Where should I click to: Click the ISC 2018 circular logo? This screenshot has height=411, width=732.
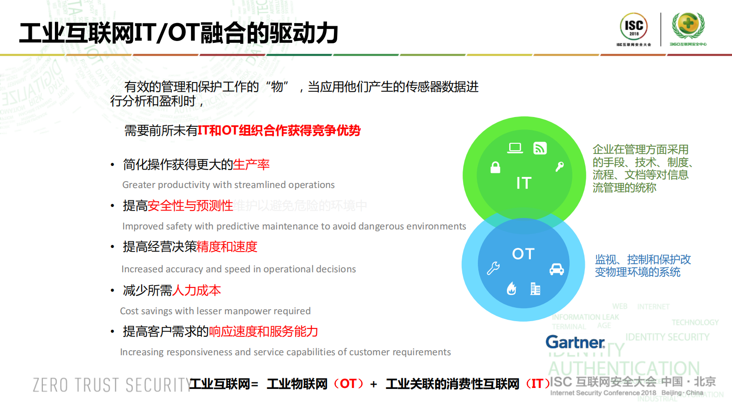[634, 27]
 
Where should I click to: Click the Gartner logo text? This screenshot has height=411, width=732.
[575, 342]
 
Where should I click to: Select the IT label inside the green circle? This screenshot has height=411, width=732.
[524, 183]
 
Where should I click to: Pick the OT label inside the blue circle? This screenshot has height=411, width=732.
[523, 254]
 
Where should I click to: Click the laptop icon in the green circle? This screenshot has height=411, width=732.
[515, 148]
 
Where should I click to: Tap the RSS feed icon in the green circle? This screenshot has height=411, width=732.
[540, 148]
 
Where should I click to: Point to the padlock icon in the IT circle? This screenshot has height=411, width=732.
[495, 167]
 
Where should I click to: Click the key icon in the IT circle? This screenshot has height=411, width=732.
[559, 166]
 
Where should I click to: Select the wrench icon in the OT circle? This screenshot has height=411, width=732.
[493, 268]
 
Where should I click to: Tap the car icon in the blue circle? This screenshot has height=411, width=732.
[557, 269]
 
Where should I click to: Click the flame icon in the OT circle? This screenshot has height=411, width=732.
[512, 288]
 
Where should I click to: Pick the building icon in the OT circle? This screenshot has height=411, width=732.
[535, 289]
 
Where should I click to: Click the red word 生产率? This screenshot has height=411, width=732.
[251, 164]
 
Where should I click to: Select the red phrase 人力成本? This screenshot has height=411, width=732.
[196, 290]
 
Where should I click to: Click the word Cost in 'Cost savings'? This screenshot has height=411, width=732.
[129, 311]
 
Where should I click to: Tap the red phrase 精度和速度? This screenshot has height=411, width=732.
[227, 247]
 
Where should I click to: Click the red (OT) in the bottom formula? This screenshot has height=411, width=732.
[348, 384]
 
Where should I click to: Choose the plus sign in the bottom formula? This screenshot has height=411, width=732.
[374, 384]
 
